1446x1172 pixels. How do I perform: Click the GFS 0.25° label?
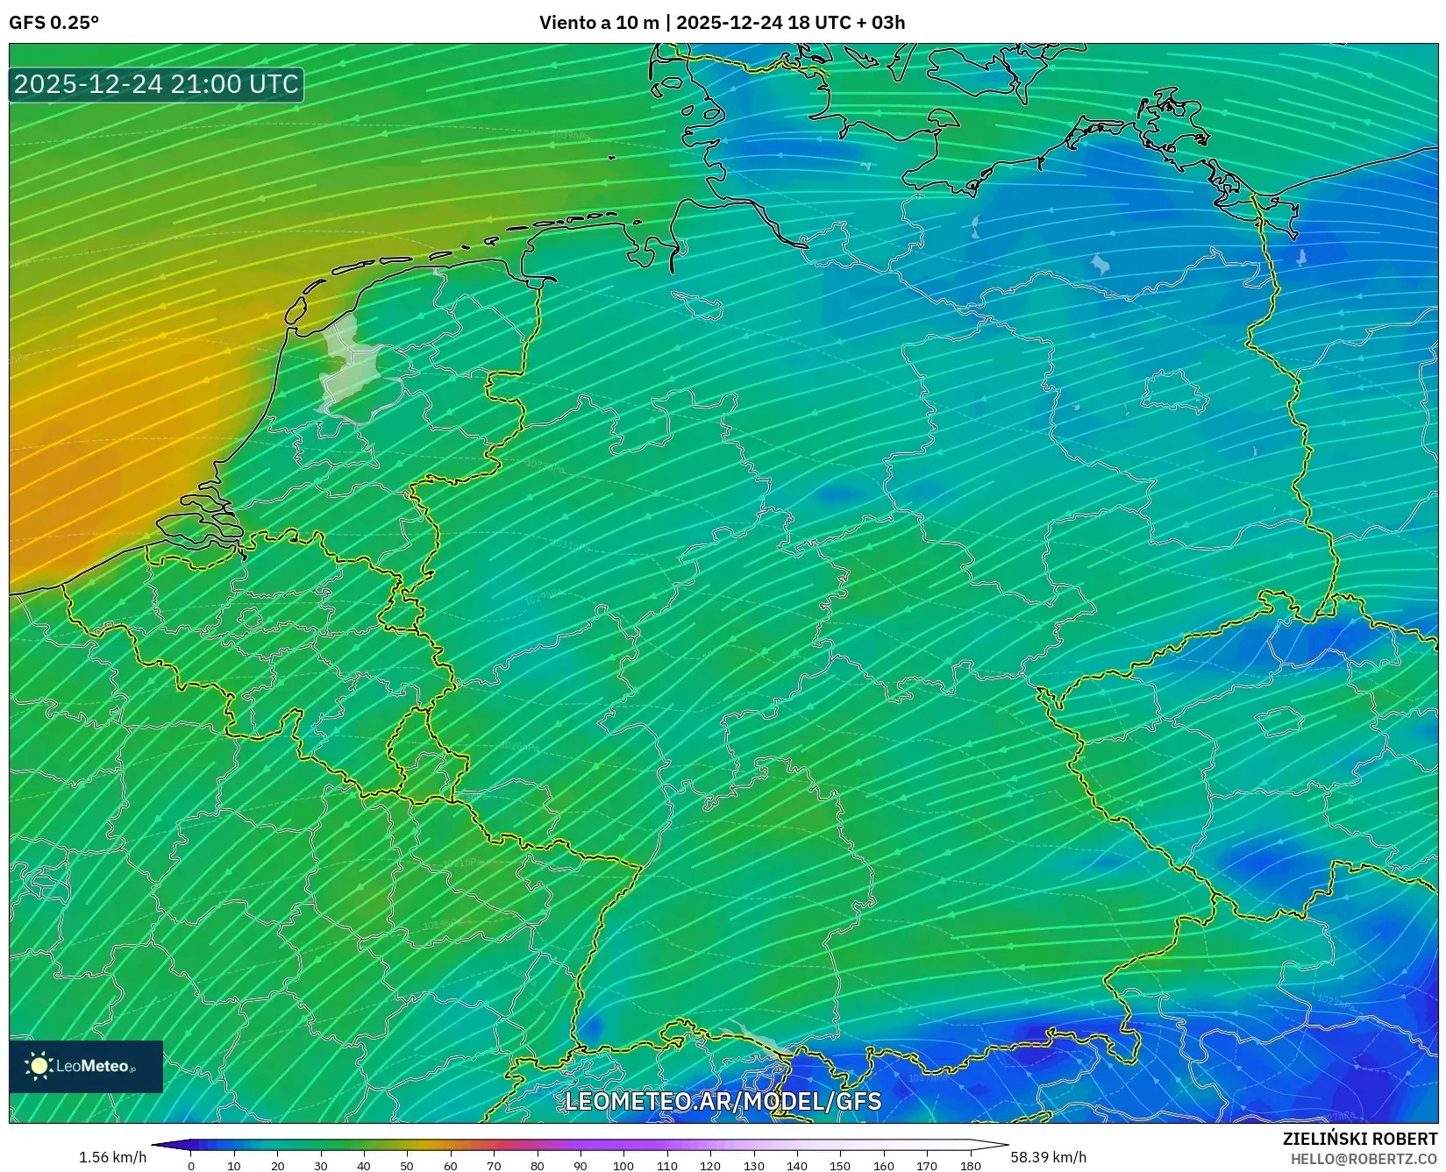(53, 23)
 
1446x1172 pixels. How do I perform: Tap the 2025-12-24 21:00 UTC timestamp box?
(156, 84)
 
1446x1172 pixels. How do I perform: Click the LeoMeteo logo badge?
(86, 1066)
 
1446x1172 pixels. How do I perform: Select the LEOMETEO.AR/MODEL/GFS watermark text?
(723, 1101)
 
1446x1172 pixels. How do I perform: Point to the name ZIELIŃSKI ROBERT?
(1360, 1139)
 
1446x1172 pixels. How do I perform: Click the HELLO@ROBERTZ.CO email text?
(1364, 1158)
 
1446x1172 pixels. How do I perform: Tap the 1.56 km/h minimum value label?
(113, 1157)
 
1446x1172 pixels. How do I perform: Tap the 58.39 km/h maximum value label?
(1048, 1157)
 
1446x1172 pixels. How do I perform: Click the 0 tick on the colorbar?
(191, 1166)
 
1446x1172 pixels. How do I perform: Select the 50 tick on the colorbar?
(408, 1166)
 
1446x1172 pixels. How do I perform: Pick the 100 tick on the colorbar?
(623, 1166)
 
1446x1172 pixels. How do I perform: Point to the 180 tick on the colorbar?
(970, 1166)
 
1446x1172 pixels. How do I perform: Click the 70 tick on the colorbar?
(494, 1166)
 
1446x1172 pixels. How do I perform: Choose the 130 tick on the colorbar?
(753, 1166)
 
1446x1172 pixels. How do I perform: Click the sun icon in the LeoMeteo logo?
(39, 1066)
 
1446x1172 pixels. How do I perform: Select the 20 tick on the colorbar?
(278, 1166)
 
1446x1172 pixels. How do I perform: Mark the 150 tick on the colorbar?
(840, 1166)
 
